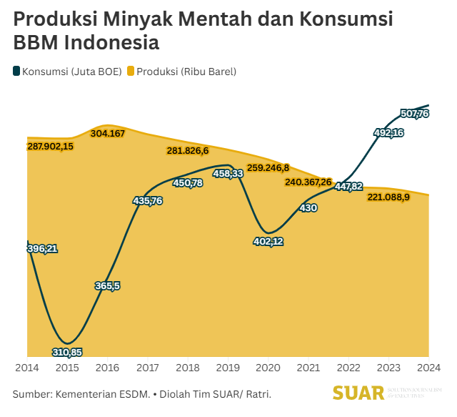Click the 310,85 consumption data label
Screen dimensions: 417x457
(67, 352)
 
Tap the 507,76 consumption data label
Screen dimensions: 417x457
(415, 114)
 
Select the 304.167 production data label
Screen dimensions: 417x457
(108, 134)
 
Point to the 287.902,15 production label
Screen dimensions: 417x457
(50, 146)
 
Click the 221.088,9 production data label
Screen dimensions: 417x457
(388, 197)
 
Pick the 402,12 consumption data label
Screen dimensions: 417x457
(268, 241)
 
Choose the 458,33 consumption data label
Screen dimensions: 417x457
(228, 173)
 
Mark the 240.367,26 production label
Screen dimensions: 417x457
(308, 182)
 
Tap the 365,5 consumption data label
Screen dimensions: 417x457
(107, 285)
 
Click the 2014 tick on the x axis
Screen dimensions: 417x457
(27, 368)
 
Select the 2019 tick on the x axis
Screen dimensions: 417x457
(228, 368)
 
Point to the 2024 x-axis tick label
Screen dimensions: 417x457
(428, 368)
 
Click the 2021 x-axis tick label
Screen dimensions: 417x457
(308, 368)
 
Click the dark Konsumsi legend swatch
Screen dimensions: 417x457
(16, 72)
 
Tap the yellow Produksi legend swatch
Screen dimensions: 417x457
(131, 72)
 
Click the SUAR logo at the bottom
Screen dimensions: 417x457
(358, 392)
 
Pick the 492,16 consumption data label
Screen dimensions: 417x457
(389, 132)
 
